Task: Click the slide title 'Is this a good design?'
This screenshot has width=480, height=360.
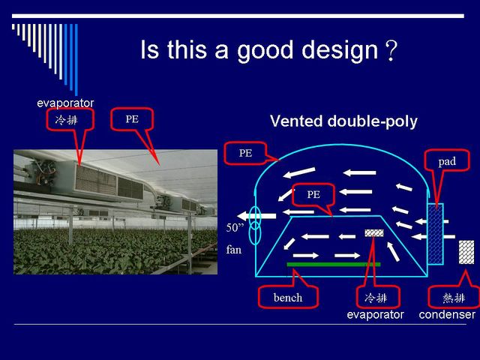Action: point(268,50)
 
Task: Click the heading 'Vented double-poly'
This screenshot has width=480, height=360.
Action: point(343,121)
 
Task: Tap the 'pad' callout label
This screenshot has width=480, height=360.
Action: point(447,161)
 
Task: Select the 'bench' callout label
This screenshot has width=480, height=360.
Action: point(288,297)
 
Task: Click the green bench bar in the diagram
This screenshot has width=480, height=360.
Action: point(334,265)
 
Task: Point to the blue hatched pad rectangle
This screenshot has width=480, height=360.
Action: point(435,234)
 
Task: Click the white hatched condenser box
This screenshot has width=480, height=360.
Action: point(466,252)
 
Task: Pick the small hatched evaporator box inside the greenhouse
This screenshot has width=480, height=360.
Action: point(374,233)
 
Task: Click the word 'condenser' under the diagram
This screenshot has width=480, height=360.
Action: point(447,314)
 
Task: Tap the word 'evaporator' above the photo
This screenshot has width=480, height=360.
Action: point(65,103)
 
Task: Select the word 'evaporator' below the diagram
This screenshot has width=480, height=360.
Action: point(375,315)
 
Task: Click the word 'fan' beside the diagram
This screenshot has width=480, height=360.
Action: point(234,250)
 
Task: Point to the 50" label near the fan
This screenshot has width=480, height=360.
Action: point(235,227)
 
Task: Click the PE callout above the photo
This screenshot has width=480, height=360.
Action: point(132,119)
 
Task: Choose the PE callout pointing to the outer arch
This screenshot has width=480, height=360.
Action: point(245,153)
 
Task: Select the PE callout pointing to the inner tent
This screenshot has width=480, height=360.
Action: point(313,194)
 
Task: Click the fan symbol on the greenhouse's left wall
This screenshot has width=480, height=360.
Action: point(255,226)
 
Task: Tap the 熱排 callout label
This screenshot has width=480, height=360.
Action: point(454,297)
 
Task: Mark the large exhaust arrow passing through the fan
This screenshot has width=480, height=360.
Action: point(256,216)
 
